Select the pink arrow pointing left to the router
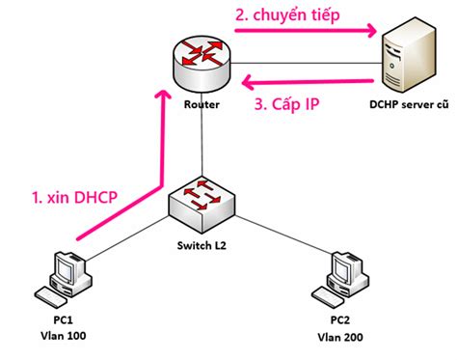[x=309, y=81]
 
